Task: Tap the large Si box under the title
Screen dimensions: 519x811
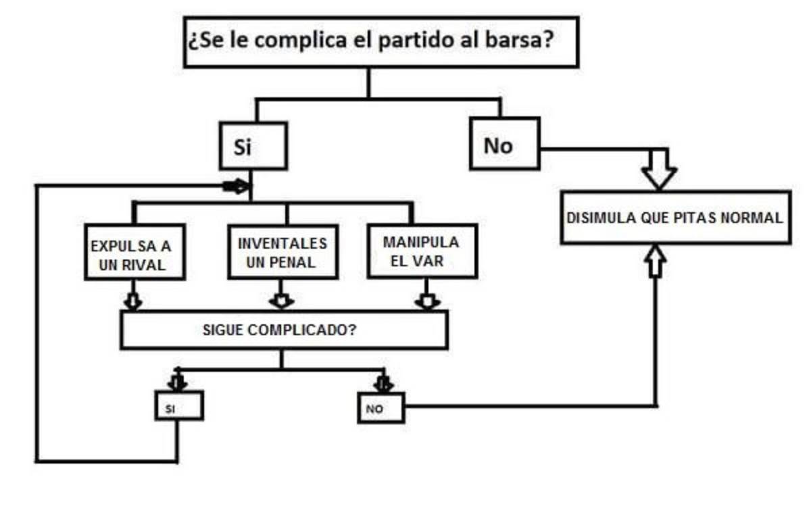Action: pos(253,146)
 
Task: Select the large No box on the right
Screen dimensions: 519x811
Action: pos(504,144)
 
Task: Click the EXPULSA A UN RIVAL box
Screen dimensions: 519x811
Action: pos(135,252)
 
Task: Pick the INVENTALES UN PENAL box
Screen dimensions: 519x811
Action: pos(282,252)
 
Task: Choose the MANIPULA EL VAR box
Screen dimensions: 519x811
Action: pos(422,251)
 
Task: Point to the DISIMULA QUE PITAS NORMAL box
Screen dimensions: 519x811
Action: pos(675,218)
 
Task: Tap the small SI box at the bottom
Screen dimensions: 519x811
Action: pos(178,407)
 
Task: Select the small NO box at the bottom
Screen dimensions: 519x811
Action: pos(380,409)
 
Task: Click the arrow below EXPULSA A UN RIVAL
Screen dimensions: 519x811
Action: pos(134,300)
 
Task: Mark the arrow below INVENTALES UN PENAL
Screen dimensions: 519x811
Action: pos(282,299)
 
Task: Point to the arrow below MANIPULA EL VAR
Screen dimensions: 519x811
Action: pos(426,299)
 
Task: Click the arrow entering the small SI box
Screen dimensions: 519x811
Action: pos(177,382)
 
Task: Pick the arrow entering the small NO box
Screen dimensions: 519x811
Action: pos(383,383)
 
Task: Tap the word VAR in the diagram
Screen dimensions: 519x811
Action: pos(428,261)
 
